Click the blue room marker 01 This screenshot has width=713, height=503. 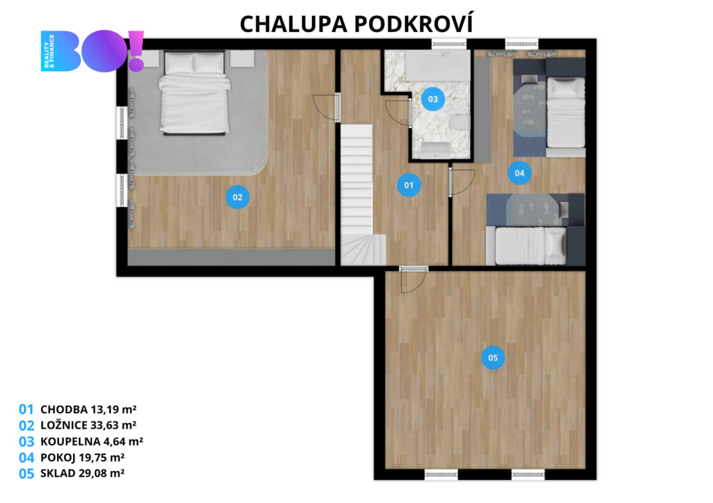click(408, 185)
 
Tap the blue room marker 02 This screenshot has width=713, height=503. click(237, 197)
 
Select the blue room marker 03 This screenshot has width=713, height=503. click(432, 99)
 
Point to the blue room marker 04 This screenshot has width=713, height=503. click(519, 173)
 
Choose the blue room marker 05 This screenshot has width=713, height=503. click(493, 358)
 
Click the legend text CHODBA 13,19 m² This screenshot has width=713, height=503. click(88, 409)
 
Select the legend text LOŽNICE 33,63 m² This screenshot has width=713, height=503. click(88, 425)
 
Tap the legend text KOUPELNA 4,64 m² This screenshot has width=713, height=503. click(92, 441)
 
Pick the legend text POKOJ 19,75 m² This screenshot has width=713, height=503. click(82, 457)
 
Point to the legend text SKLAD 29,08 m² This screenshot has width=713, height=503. click(82, 473)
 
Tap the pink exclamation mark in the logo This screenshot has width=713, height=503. click(136, 51)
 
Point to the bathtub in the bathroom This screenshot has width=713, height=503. click(437, 66)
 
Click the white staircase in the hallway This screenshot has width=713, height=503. click(359, 195)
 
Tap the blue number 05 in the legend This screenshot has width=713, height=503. click(26, 474)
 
